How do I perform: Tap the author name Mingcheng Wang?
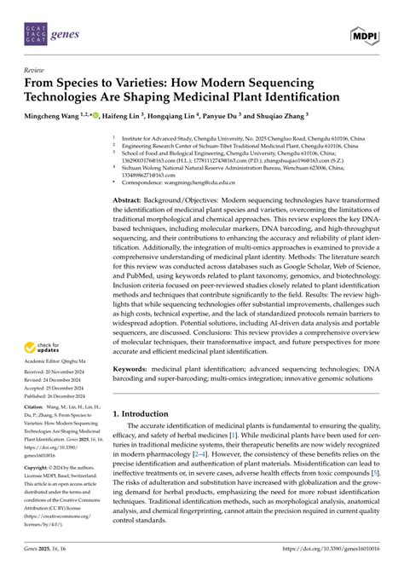[55, 113]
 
